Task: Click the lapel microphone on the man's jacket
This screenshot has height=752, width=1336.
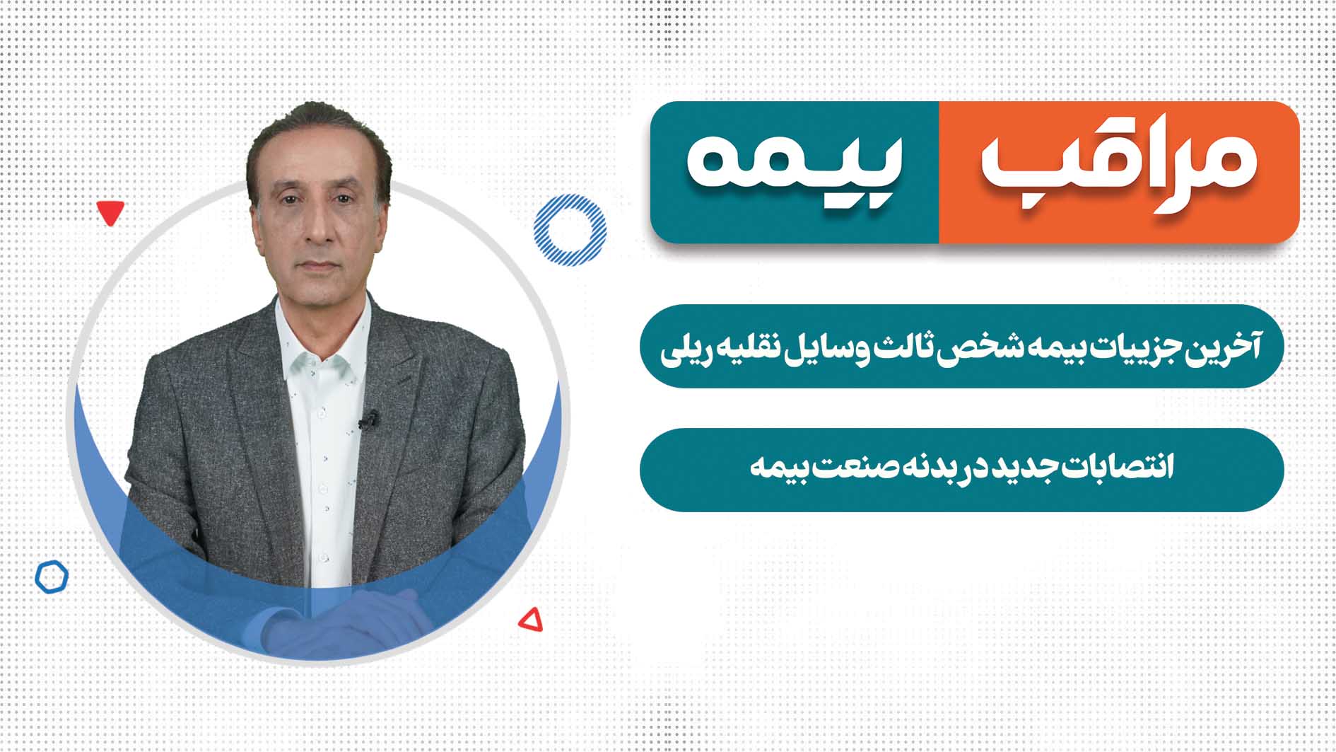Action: click(368, 420)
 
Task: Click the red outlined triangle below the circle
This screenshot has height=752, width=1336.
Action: click(532, 620)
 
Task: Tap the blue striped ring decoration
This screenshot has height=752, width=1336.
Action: click(570, 230)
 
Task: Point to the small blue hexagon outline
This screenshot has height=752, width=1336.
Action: click(52, 577)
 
